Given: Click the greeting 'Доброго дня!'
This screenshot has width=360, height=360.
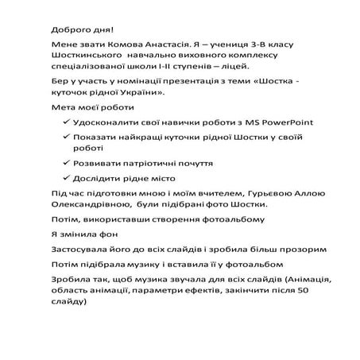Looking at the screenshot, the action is coord(75,22).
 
